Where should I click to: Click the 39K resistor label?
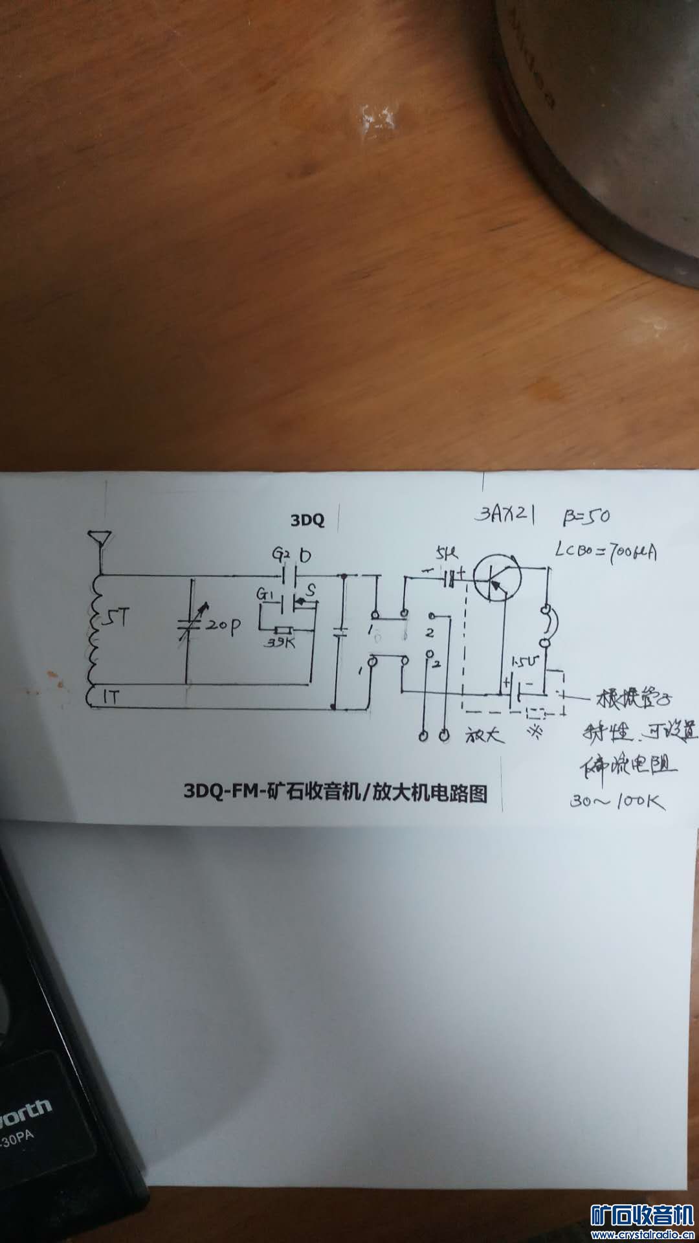coord(279,643)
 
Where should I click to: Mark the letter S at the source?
coord(311,590)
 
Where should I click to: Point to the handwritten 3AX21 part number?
coord(506,516)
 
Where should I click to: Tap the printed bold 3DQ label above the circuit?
coord(307,519)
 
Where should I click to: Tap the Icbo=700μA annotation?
coord(606,552)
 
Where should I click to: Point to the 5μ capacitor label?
coord(447,554)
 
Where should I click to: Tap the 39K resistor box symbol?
coord(283,630)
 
